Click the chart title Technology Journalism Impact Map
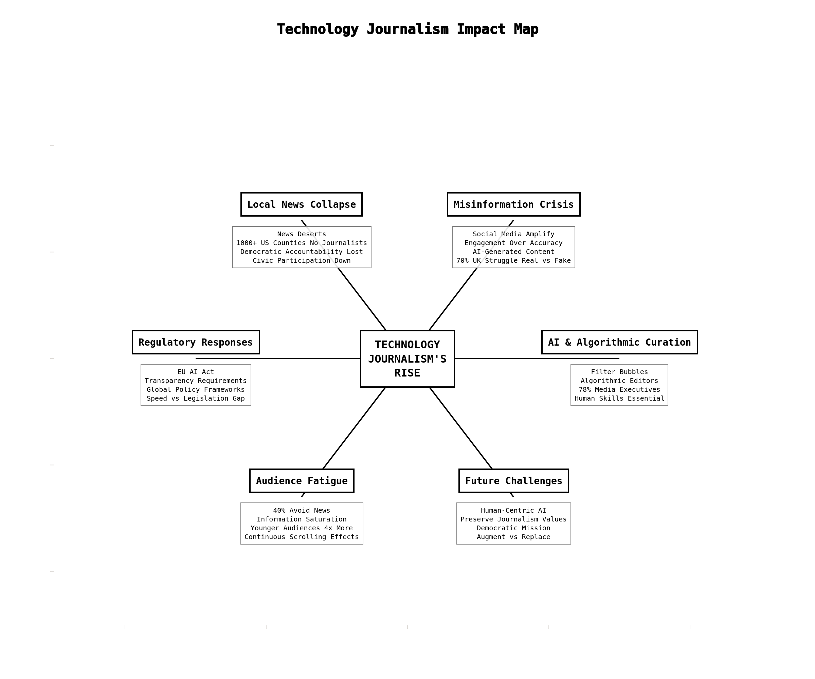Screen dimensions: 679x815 pyautogui.click(x=407, y=30)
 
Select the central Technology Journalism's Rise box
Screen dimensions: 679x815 pyautogui.click(x=407, y=359)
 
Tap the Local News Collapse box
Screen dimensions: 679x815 pyautogui.click(x=301, y=204)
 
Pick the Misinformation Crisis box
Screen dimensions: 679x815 pyautogui.click(x=513, y=204)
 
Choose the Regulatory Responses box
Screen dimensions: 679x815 pyautogui.click(x=196, y=342)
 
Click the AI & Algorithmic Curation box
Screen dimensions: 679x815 pyautogui.click(x=619, y=342)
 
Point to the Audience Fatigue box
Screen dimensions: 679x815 pyautogui.click(x=302, y=481)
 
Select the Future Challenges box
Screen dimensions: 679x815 pyautogui.click(x=513, y=481)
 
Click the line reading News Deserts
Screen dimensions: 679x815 pyautogui.click(x=302, y=234)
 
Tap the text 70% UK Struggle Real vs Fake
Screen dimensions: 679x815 pyautogui.click(x=513, y=260)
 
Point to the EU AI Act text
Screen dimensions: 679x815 pyautogui.click(x=196, y=372)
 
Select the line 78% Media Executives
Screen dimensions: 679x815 pyautogui.click(x=619, y=389)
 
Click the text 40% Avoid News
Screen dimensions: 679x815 pyautogui.click(x=302, y=510)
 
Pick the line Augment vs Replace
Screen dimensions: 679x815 pyautogui.click(x=513, y=537)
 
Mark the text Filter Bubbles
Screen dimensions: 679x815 pyautogui.click(x=619, y=372)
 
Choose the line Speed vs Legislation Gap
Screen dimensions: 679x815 pyautogui.click(x=196, y=398)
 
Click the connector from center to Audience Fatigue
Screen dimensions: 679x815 pyautogui.click(x=354, y=428)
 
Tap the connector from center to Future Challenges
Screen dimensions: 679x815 pyautogui.click(x=461, y=428)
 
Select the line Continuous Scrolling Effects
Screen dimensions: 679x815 pyautogui.click(x=302, y=537)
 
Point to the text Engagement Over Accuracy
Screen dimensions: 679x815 pyautogui.click(x=513, y=243)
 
